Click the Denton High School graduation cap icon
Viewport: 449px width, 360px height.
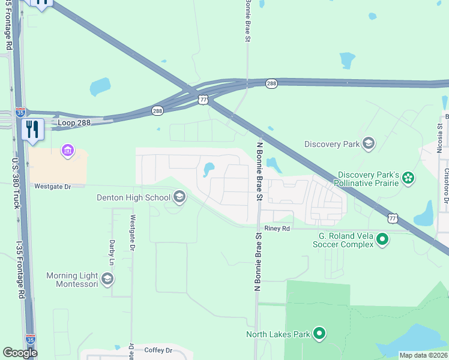[179, 197]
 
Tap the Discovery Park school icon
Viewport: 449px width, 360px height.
[368, 143]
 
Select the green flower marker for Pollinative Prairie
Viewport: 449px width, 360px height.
[408, 177]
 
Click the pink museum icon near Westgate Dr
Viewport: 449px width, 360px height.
[68, 149]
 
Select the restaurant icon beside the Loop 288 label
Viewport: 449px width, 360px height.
[32, 129]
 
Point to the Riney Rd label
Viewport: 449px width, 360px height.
[277, 229]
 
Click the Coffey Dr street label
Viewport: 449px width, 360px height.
[158, 350]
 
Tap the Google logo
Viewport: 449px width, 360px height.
[20, 353]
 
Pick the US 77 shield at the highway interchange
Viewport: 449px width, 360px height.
[203, 100]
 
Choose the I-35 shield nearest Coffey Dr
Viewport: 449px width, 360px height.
[31, 340]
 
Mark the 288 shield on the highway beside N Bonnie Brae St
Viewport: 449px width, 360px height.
[271, 84]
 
